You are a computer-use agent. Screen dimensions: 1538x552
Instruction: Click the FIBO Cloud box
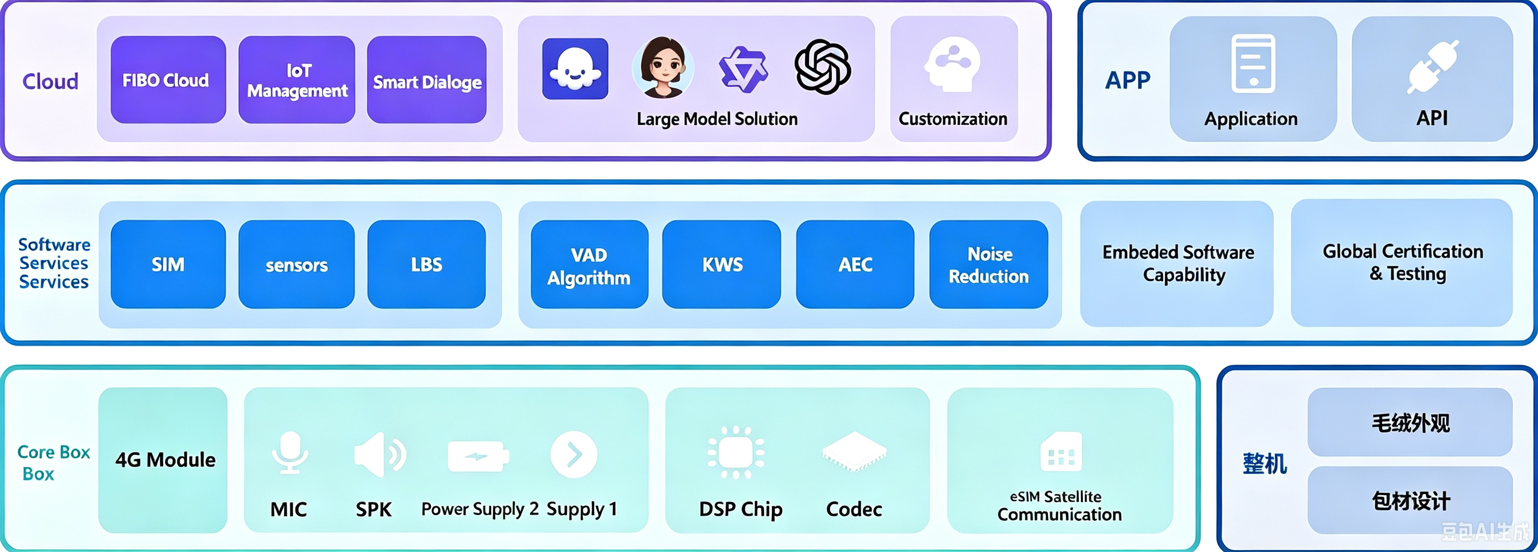pyautogui.click(x=168, y=80)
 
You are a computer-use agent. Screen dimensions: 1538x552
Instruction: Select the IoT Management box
pyautogui.click(x=297, y=80)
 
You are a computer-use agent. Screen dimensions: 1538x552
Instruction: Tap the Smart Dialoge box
pyautogui.click(x=427, y=80)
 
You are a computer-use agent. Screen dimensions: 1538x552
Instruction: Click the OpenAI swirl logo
pyautogui.click(x=823, y=67)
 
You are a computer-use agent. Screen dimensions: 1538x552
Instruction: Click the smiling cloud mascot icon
pyautogui.click(x=575, y=69)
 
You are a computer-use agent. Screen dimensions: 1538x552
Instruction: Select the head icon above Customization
pyautogui.click(x=953, y=64)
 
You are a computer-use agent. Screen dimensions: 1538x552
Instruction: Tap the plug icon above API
pyautogui.click(x=1433, y=67)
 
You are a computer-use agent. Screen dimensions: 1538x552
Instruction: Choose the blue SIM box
pyautogui.click(x=168, y=264)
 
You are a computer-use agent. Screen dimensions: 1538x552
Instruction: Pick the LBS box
pyautogui.click(x=426, y=264)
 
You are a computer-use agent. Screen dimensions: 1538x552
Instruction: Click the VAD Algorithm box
pyautogui.click(x=589, y=264)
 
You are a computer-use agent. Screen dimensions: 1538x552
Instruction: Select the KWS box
pyautogui.click(x=721, y=264)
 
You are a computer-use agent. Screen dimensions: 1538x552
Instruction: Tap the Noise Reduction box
pyautogui.click(x=989, y=264)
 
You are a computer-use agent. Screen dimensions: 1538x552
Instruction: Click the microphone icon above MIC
pyautogui.click(x=290, y=452)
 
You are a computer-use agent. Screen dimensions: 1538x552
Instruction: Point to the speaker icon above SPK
pyautogui.click(x=380, y=455)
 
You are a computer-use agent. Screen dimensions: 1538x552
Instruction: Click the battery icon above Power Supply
pyautogui.click(x=478, y=456)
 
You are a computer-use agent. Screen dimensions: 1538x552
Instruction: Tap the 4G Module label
pyautogui.click(x=165, y=460)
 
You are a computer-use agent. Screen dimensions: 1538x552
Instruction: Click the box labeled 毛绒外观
pyautogui.click(x=1410, y=422)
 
